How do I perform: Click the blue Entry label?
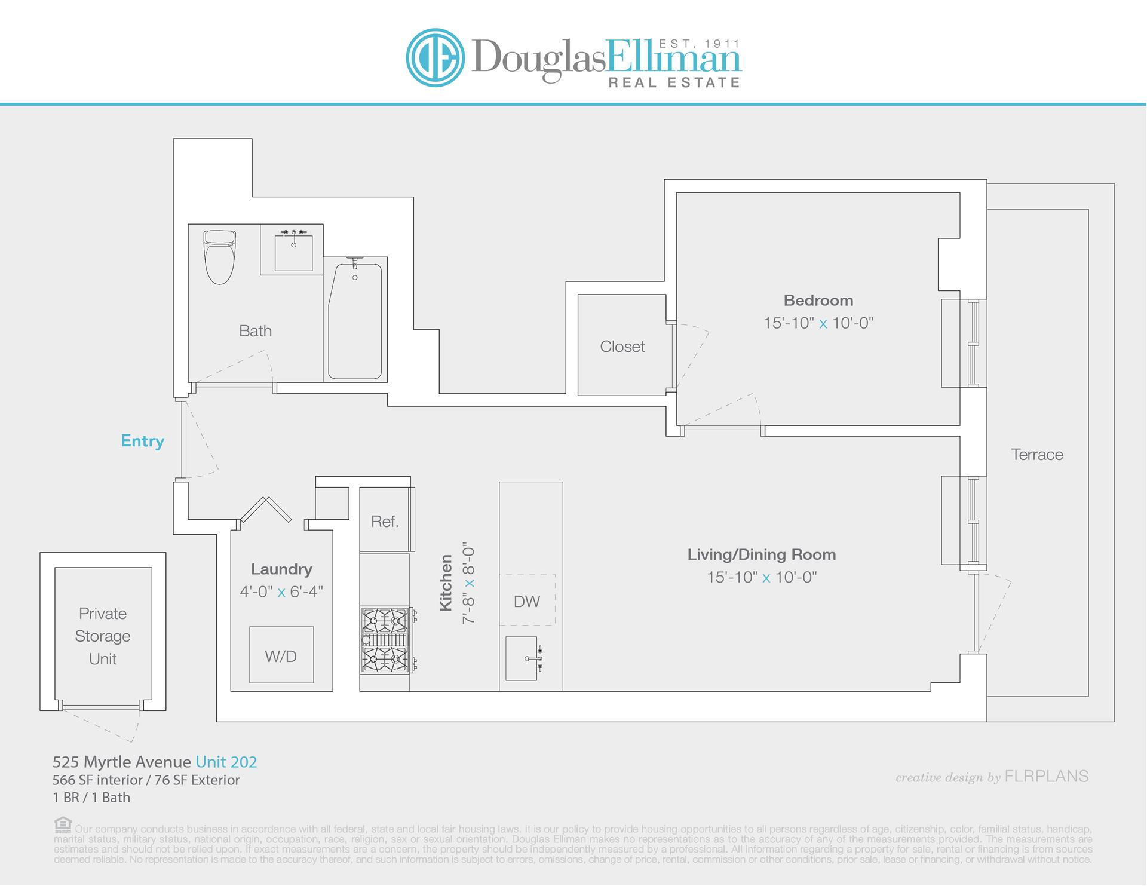coord(142,441)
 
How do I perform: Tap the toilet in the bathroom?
coord(219,257)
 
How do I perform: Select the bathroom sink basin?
coord(293,253)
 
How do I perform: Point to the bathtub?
coord(355,320)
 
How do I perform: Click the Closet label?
coord(622,347)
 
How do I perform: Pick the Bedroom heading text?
coord(818,300)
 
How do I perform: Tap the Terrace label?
coord(1036,455)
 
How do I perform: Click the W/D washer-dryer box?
coord(281,655)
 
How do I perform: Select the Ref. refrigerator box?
coord(385,521)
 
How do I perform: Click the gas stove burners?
coord(385,640)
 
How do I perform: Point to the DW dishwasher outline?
coord(527,600)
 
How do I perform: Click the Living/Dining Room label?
coord(761,554)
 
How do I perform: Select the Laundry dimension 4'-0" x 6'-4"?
coord(281,591)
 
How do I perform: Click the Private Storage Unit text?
coord(103,636)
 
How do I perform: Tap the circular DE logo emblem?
coord(435,58)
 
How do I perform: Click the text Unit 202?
coord(226,762)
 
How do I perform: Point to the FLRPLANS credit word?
coord(1047,776)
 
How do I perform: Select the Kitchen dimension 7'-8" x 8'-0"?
coord(468,585)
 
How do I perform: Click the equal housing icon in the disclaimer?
coord(62,825)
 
